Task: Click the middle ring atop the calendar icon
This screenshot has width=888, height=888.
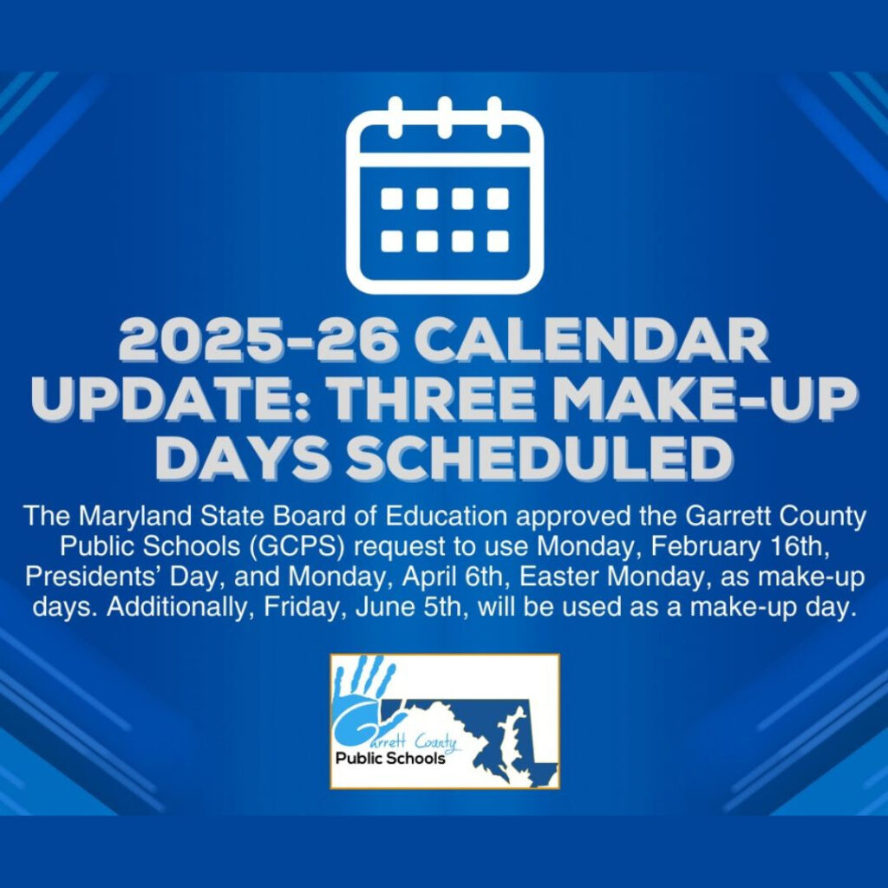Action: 444,116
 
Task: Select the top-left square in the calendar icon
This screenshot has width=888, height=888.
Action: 392,199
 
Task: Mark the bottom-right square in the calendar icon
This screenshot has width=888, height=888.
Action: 498,240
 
